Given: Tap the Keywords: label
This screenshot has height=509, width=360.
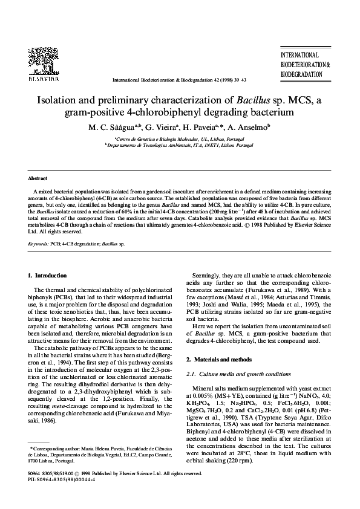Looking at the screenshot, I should pyautogui.click(x=39, y=244).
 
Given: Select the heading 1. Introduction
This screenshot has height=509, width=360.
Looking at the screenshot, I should pyautogui.click(x=51, y=276).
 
